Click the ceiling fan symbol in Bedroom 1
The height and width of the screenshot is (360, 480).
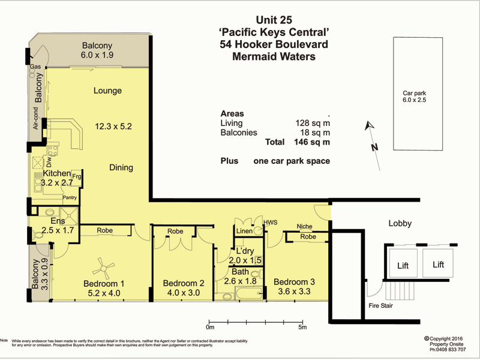point(106,262)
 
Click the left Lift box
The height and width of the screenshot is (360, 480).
point(403,265)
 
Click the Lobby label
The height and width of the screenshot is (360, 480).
point(400,224)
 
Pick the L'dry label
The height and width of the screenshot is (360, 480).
point(244,250)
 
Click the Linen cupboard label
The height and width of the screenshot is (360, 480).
point(244,232)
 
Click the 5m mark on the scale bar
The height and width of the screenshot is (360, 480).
point(302,328)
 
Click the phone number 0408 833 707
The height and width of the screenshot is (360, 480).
point(447,349)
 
